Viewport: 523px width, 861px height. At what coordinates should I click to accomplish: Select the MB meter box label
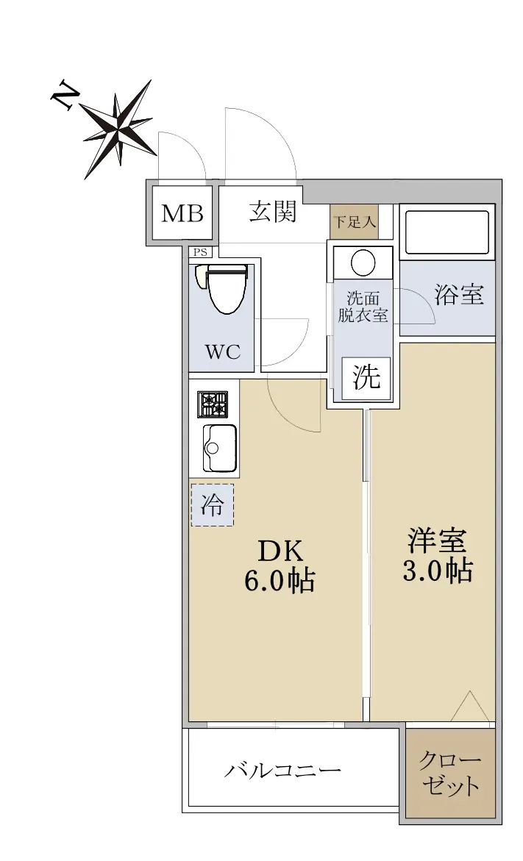pos(182,214)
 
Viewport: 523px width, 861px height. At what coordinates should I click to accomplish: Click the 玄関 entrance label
pos(273,212)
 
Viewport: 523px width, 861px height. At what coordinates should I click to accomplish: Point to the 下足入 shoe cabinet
pos(354,221)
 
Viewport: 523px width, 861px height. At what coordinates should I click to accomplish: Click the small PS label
pos(199,252)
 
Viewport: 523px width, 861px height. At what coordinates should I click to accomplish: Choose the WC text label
pos(222,351)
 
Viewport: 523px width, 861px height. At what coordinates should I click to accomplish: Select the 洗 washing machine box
pos(366,378)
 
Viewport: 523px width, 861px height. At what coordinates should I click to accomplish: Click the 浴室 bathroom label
pos(459,295)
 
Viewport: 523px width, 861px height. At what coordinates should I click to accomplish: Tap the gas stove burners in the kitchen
pos(212,404)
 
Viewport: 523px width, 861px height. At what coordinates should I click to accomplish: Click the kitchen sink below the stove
pos(219,447)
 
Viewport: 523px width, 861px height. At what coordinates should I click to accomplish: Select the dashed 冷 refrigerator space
pos(212,504)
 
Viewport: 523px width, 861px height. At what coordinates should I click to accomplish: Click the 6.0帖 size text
pos(280,581)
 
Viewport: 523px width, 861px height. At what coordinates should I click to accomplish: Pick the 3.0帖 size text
pos(437,571)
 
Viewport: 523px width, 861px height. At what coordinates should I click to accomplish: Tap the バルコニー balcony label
pos(282,771)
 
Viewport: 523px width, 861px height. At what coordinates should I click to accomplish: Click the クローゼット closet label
pos(451,774)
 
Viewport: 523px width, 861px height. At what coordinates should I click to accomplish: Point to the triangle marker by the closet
pos(469,708)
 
